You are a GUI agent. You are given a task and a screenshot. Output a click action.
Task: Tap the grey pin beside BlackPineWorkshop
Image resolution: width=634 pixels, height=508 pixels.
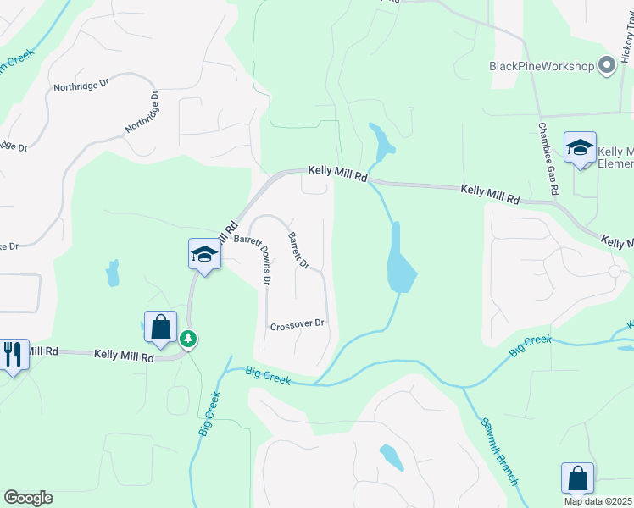click(x=607, y=65)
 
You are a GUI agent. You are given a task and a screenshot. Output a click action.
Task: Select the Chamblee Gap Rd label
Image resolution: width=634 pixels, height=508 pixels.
click(x=548, y=158)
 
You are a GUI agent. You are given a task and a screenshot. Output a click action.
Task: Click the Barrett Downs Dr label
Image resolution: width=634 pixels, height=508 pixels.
click(x=255, y=257)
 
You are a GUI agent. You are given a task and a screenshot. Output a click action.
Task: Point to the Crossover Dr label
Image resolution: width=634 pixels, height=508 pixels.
click(x=298, y=324)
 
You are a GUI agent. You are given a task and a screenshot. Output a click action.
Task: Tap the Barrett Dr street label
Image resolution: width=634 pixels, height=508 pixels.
click(x=298, y=250)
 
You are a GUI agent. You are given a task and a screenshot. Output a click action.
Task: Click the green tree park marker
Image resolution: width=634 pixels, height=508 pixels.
click(x=188, y=340)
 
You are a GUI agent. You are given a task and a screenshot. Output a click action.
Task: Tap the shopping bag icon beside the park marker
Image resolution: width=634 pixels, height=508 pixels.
click(x=160, y=326)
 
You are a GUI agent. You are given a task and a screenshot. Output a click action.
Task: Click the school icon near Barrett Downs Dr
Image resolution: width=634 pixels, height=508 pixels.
click(x=204, y=253)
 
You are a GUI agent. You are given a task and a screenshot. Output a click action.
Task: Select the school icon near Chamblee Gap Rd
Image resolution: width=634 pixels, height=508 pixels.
click(x=581, y=147)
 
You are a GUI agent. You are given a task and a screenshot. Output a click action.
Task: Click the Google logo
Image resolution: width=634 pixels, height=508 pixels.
click(x=28, y=498)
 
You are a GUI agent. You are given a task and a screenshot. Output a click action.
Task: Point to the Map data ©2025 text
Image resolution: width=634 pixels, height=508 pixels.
click(x=598, y=501)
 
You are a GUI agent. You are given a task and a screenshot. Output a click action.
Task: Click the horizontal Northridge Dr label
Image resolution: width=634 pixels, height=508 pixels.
click(x=82, y=86)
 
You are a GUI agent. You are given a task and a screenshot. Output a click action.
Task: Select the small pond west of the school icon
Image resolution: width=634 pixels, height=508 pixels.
click(x=113, y=273)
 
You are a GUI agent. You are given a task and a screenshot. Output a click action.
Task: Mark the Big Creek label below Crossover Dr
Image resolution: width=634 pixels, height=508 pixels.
click(x=268, y=375)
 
